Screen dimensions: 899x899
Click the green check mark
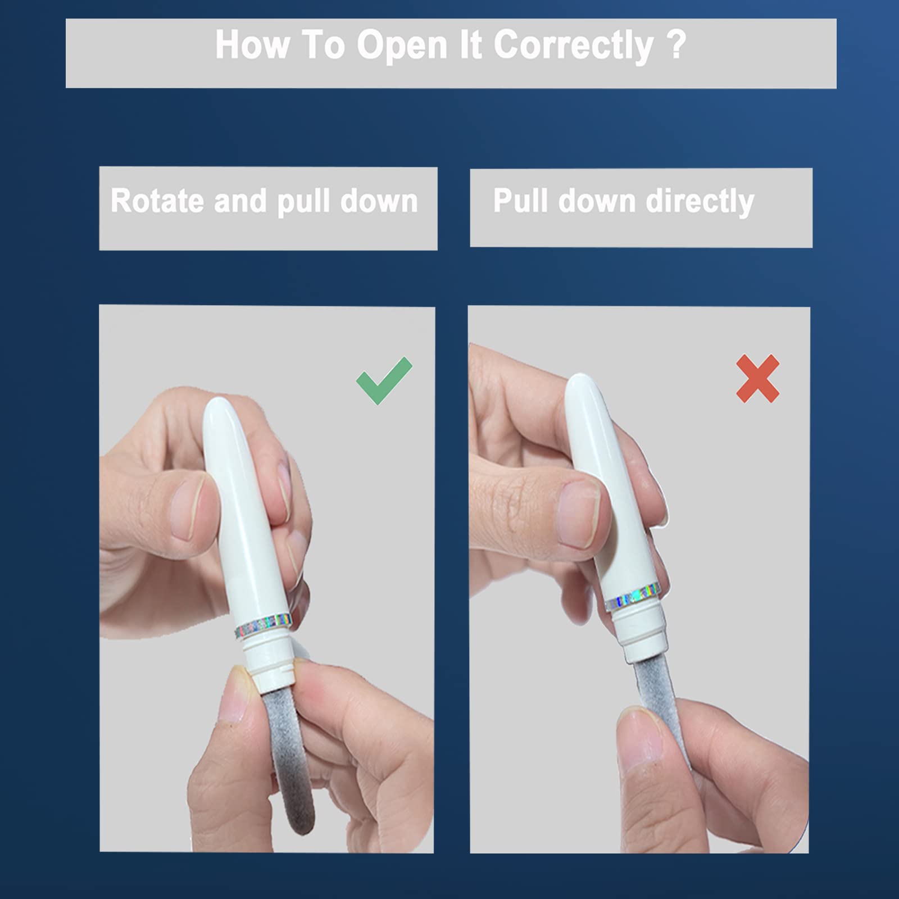384,381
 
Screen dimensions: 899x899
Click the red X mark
758,378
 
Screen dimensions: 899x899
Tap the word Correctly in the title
573,45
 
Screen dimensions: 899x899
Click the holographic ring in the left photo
263,625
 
